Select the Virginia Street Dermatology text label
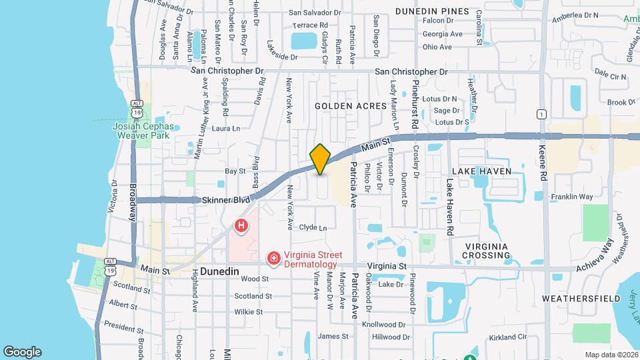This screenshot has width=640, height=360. coord(313,259)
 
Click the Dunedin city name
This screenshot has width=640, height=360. coord(220,272)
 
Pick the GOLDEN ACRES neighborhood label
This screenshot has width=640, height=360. coord(351,106)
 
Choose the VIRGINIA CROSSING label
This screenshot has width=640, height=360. coord(487,251)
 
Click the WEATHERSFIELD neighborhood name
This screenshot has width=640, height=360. coord(577,297)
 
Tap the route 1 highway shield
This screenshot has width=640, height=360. coord(542,114)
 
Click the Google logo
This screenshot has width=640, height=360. coord(22,351)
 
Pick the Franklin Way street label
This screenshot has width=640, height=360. coord(571,197)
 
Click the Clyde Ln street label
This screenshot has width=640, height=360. coord(313,227)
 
